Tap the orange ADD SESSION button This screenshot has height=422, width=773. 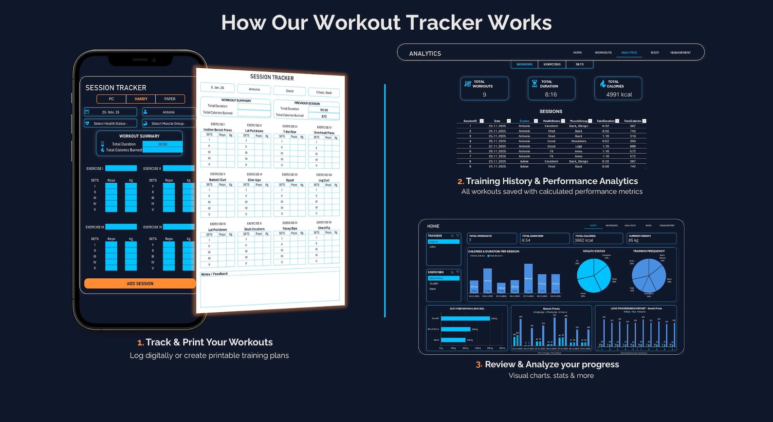(140, 284)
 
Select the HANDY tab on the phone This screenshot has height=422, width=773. (141, 99)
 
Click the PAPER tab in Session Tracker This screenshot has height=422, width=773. (170, 99)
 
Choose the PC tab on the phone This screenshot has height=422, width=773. (111, 99)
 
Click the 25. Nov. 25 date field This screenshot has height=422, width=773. (110, 112)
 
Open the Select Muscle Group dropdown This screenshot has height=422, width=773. (168, 124)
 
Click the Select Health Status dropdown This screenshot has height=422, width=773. (110, 124)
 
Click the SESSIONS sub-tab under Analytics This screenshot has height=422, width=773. (524, 64)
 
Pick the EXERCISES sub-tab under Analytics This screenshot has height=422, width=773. (552, 64)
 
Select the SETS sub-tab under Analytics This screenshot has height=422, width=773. (579, 64)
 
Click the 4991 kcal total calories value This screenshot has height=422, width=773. (619, 95)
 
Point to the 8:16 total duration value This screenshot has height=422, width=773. (551, 95)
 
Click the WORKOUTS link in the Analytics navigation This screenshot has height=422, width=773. (603, 53)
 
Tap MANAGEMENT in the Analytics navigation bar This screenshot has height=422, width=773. (680, 53)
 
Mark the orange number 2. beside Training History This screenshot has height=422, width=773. (460, 182)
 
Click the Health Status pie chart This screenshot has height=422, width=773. (593, 275)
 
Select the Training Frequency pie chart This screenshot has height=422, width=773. (648, 275)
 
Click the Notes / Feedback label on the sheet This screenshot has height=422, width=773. (214, 274)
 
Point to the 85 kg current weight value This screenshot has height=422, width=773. (633, 240)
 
